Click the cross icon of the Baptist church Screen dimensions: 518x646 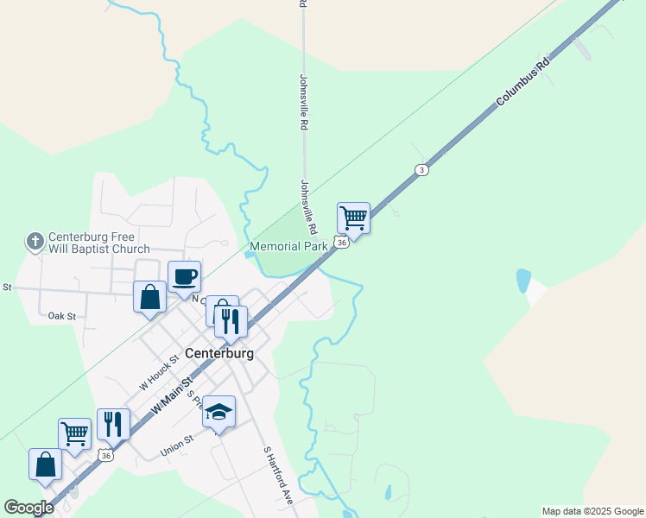coord(35,242)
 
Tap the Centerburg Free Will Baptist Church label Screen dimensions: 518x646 coord(98,243)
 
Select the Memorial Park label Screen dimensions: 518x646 coord(288,247)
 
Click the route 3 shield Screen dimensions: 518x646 coord(421,169)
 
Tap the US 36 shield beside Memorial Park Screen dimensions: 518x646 coord(343,243)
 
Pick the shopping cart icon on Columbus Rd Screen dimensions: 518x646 coord(354,218)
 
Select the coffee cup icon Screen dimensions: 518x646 coord(184,277)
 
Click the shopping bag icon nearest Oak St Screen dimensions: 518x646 coord(150,297)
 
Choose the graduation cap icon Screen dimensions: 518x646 coord(219,411)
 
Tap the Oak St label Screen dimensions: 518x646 coord(62,317)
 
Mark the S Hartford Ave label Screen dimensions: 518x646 coord(279,475)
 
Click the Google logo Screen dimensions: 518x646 coord(28,508)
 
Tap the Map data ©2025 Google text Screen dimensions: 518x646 coord(592,511)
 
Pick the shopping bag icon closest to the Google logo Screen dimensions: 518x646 coord(45,464)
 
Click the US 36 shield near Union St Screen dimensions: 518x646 coord(105,454)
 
